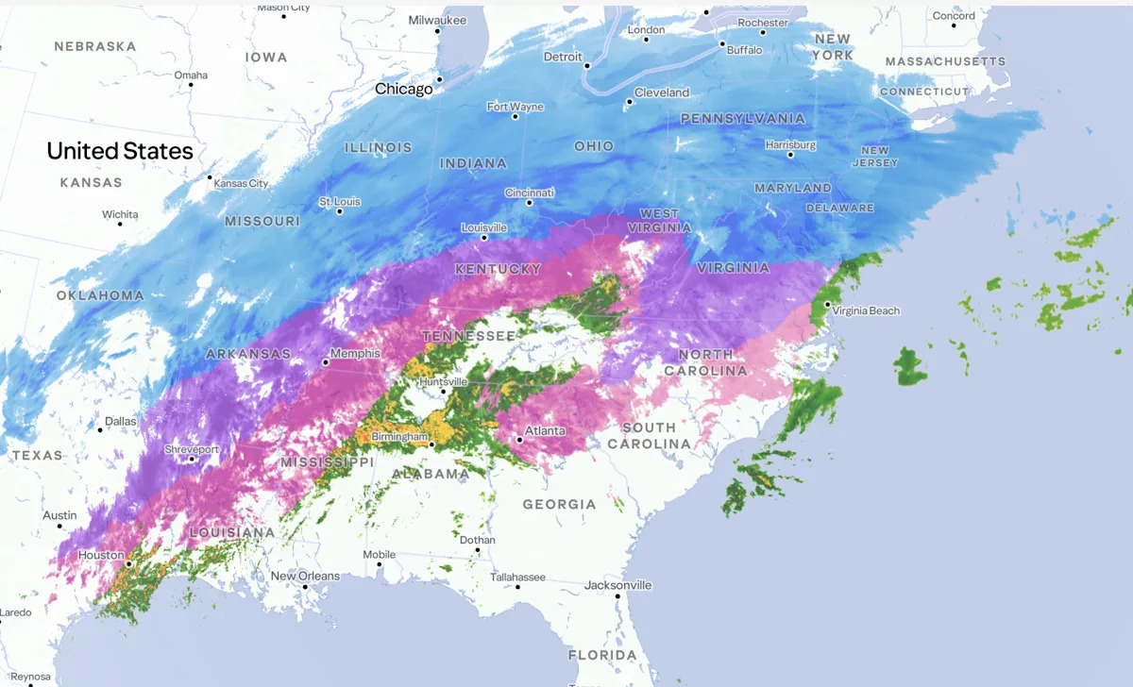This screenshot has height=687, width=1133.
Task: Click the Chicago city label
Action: [403, 89]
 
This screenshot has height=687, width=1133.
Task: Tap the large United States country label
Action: [120, 151]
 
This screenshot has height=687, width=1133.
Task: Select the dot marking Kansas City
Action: [210, 176]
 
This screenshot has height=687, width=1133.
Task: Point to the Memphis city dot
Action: [326, 361]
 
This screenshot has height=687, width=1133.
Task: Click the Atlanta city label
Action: [545, 431]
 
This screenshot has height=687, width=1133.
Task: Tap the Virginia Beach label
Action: [866, 310]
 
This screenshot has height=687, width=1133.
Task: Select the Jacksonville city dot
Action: [617, 595]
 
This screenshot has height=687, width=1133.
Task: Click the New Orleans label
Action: [304, 576]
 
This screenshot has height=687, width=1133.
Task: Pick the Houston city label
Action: [101, 555]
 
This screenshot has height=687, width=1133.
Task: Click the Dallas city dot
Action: [100, 429]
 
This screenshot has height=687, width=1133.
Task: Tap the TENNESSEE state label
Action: [468, 337]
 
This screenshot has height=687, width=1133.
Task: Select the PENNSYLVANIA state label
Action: [743, 119]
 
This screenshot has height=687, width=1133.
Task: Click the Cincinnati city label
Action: [530, 193]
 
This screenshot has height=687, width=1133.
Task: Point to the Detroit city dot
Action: [586, 66]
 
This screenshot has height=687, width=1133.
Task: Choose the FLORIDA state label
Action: [602, 655]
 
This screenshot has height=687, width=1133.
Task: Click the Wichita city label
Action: [120, 214]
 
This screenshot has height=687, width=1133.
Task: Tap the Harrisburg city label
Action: [790, 145]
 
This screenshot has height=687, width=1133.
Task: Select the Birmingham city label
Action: [399, 437]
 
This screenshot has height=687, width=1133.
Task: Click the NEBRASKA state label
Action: [95, 46]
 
